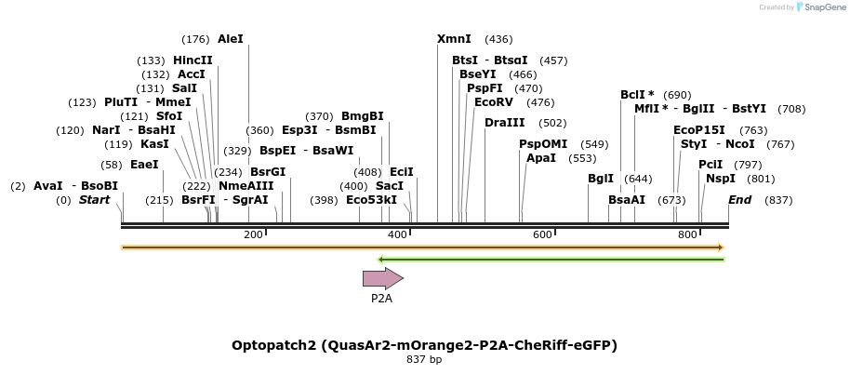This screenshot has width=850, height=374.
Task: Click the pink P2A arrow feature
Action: tap(382, 278)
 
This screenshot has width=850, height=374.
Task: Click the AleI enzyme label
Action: tap(230, 39)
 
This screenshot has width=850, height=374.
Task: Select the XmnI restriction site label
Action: tap(454, 39)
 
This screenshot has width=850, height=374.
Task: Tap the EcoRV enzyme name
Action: tap(493, 102)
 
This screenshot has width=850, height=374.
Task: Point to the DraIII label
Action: tap(504, 123)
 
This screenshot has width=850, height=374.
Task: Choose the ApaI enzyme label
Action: tap(540, 158)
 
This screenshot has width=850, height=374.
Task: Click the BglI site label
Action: tap(600, 179)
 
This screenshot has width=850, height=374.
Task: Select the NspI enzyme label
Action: tap(720, 179)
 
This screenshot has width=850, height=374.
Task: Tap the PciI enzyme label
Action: tap(710, 165)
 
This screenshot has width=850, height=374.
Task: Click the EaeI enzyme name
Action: tap(144, 165)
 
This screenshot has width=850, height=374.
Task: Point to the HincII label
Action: tap(193, 60)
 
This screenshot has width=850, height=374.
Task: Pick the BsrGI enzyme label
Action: tap(268, 171)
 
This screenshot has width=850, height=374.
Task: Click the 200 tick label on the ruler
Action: tap(253, 235)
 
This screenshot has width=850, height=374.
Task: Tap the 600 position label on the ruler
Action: tap(542, 235)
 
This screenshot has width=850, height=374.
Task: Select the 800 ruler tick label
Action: tap(687, 235)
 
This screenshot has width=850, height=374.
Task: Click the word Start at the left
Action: tap(94, 200)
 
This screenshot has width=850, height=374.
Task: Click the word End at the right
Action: tap(739, 200)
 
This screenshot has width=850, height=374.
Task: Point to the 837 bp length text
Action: tap(424, 360)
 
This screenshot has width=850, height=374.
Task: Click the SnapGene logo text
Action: tap(822, 7)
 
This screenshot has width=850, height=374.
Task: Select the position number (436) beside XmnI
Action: tap(498, 39)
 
